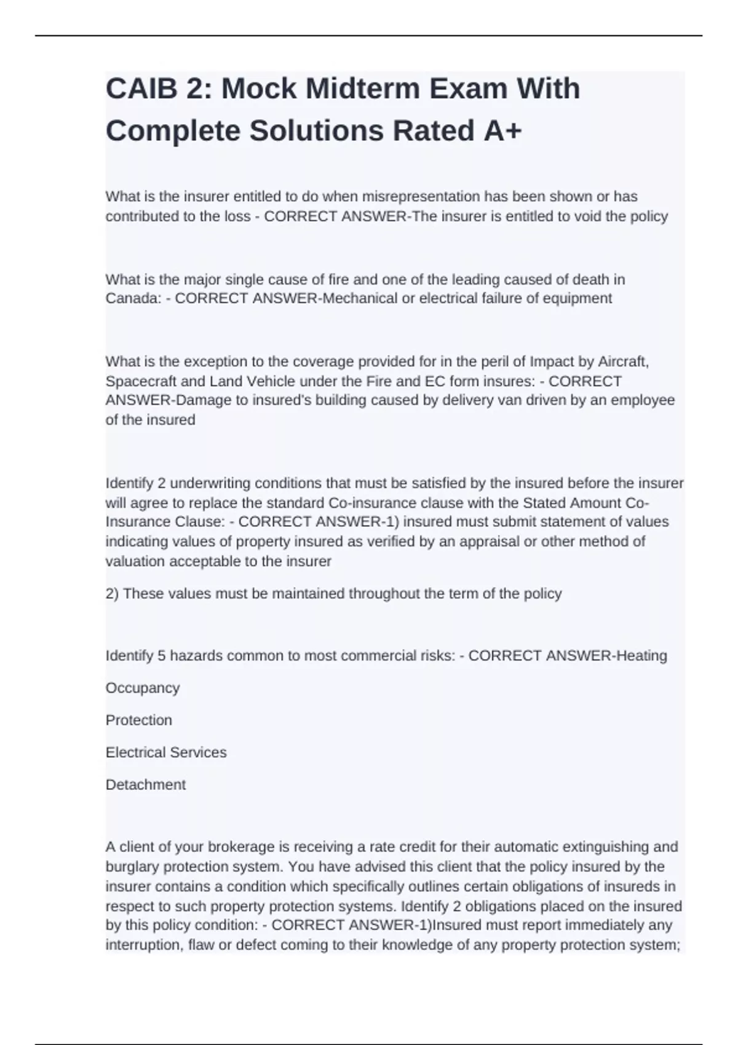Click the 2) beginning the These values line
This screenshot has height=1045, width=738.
(113, 594)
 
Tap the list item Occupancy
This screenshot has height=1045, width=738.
(143, 688)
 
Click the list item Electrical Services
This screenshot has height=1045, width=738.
(166, 752)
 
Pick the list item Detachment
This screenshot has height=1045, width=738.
(146, 785)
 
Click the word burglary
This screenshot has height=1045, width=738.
(133, 867)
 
